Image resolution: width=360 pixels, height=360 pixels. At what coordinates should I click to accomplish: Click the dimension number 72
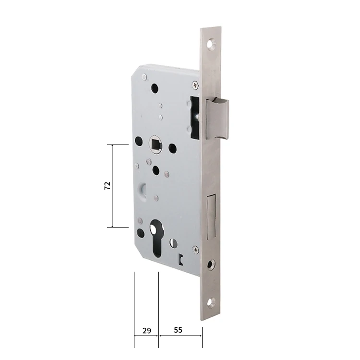click(x=108, y=186)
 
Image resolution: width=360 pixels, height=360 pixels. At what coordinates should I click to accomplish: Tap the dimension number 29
click(x=147, y=330)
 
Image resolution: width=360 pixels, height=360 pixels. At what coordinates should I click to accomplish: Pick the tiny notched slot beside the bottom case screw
click(x=180, y=259)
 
